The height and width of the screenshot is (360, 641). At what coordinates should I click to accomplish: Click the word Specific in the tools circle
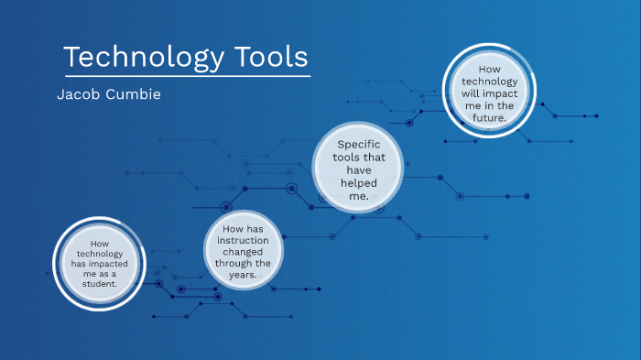[x=359, y=145]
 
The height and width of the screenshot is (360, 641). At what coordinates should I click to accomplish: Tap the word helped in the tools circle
[x=359, y=183]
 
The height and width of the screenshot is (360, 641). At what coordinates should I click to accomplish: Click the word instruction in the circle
[x=244, y=239]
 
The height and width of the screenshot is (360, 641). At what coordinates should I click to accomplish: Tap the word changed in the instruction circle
[x=244, y=251]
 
